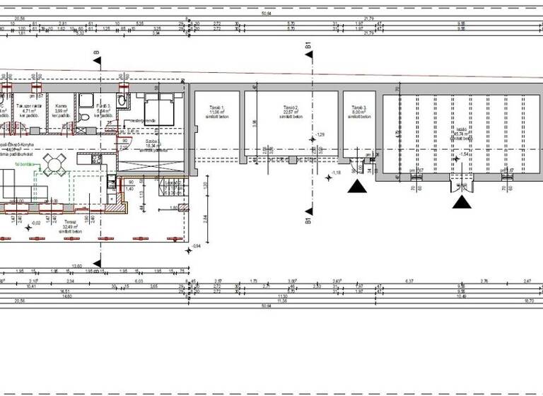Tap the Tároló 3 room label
(x=358, y=111)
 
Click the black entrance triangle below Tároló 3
(x=358, y=186)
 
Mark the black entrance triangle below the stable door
(x=462, y=202)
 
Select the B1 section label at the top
(x=308, y=47)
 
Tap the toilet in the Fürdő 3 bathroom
(x=122, y=101)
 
